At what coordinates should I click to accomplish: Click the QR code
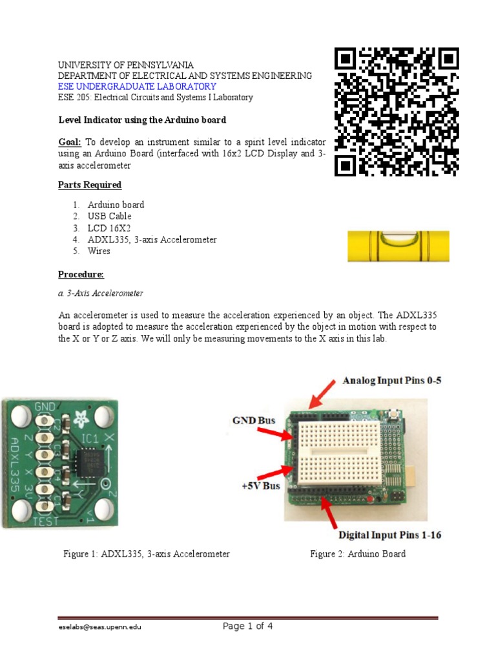(x=397, y=112)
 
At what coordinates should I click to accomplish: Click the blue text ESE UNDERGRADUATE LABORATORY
(x=137, y=87)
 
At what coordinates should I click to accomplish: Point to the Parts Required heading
(x=90, y=185)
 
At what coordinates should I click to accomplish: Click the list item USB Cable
(x=110, y=216)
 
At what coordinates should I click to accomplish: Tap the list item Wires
(x=99, y=251)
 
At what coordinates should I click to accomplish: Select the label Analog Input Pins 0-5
(x=392, y=381)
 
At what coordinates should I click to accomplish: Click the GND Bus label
(x=254, y=420)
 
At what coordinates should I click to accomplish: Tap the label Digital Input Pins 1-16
(x=390, y=535)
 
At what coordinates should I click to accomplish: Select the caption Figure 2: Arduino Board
(x=358, y=554)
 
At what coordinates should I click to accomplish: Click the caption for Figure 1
(x=147, y=554)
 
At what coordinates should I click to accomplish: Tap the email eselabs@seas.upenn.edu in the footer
(x=96, y=627)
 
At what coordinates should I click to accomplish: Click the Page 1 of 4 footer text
(x=248, y=626)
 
